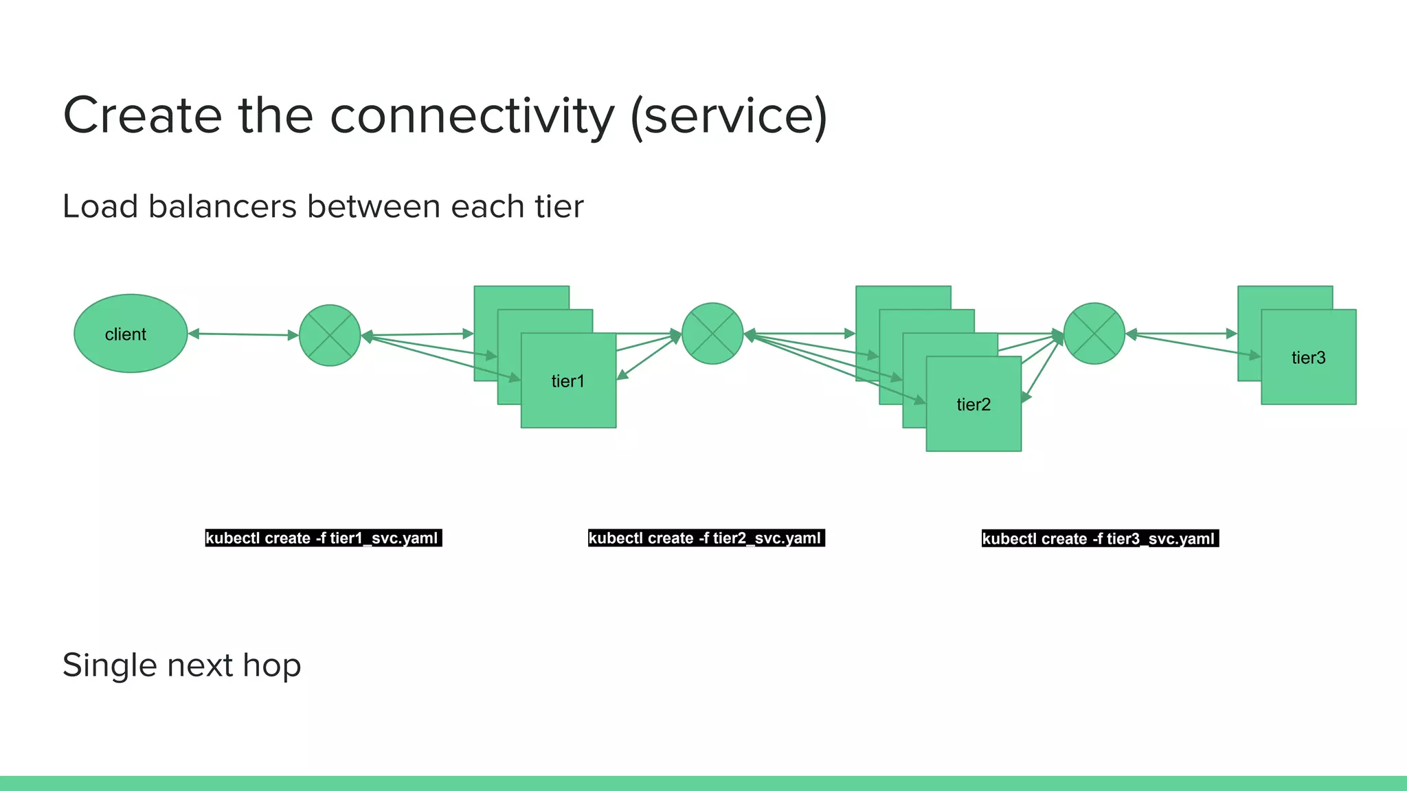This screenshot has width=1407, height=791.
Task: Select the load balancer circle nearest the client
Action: pyautogui.click(x=330, y=335)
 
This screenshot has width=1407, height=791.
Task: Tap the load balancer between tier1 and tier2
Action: pyautogui.click(x=712, y=334)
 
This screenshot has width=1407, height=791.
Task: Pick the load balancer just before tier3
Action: pyautogui.click(x=1094, y=334)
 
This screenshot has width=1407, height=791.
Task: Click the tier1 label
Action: pyautogui.click(x=567, y=381)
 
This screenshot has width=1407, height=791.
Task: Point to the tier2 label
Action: pyautogui.click(x=973, y=404)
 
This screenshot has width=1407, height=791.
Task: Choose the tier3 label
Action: pyautogui.click(x=1308, y=358)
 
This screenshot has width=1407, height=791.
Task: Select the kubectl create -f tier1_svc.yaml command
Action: pyautogui.click(x=322, y=538)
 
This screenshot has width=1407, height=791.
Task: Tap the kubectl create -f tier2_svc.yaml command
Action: pyautogui.click(x=706, y=538)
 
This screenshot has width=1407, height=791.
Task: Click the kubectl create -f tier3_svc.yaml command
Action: pyautogui.click(x=1099, y=538)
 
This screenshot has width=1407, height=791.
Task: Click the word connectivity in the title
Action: pyautogui.click(x=472, y=115)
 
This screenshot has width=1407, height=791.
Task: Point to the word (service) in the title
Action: pyautogui.click(x=728, y=115)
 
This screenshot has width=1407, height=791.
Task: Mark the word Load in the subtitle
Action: pyautogui.click(x=100, y=206)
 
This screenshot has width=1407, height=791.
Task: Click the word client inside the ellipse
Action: pyautogui.click(x=125, y=334)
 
